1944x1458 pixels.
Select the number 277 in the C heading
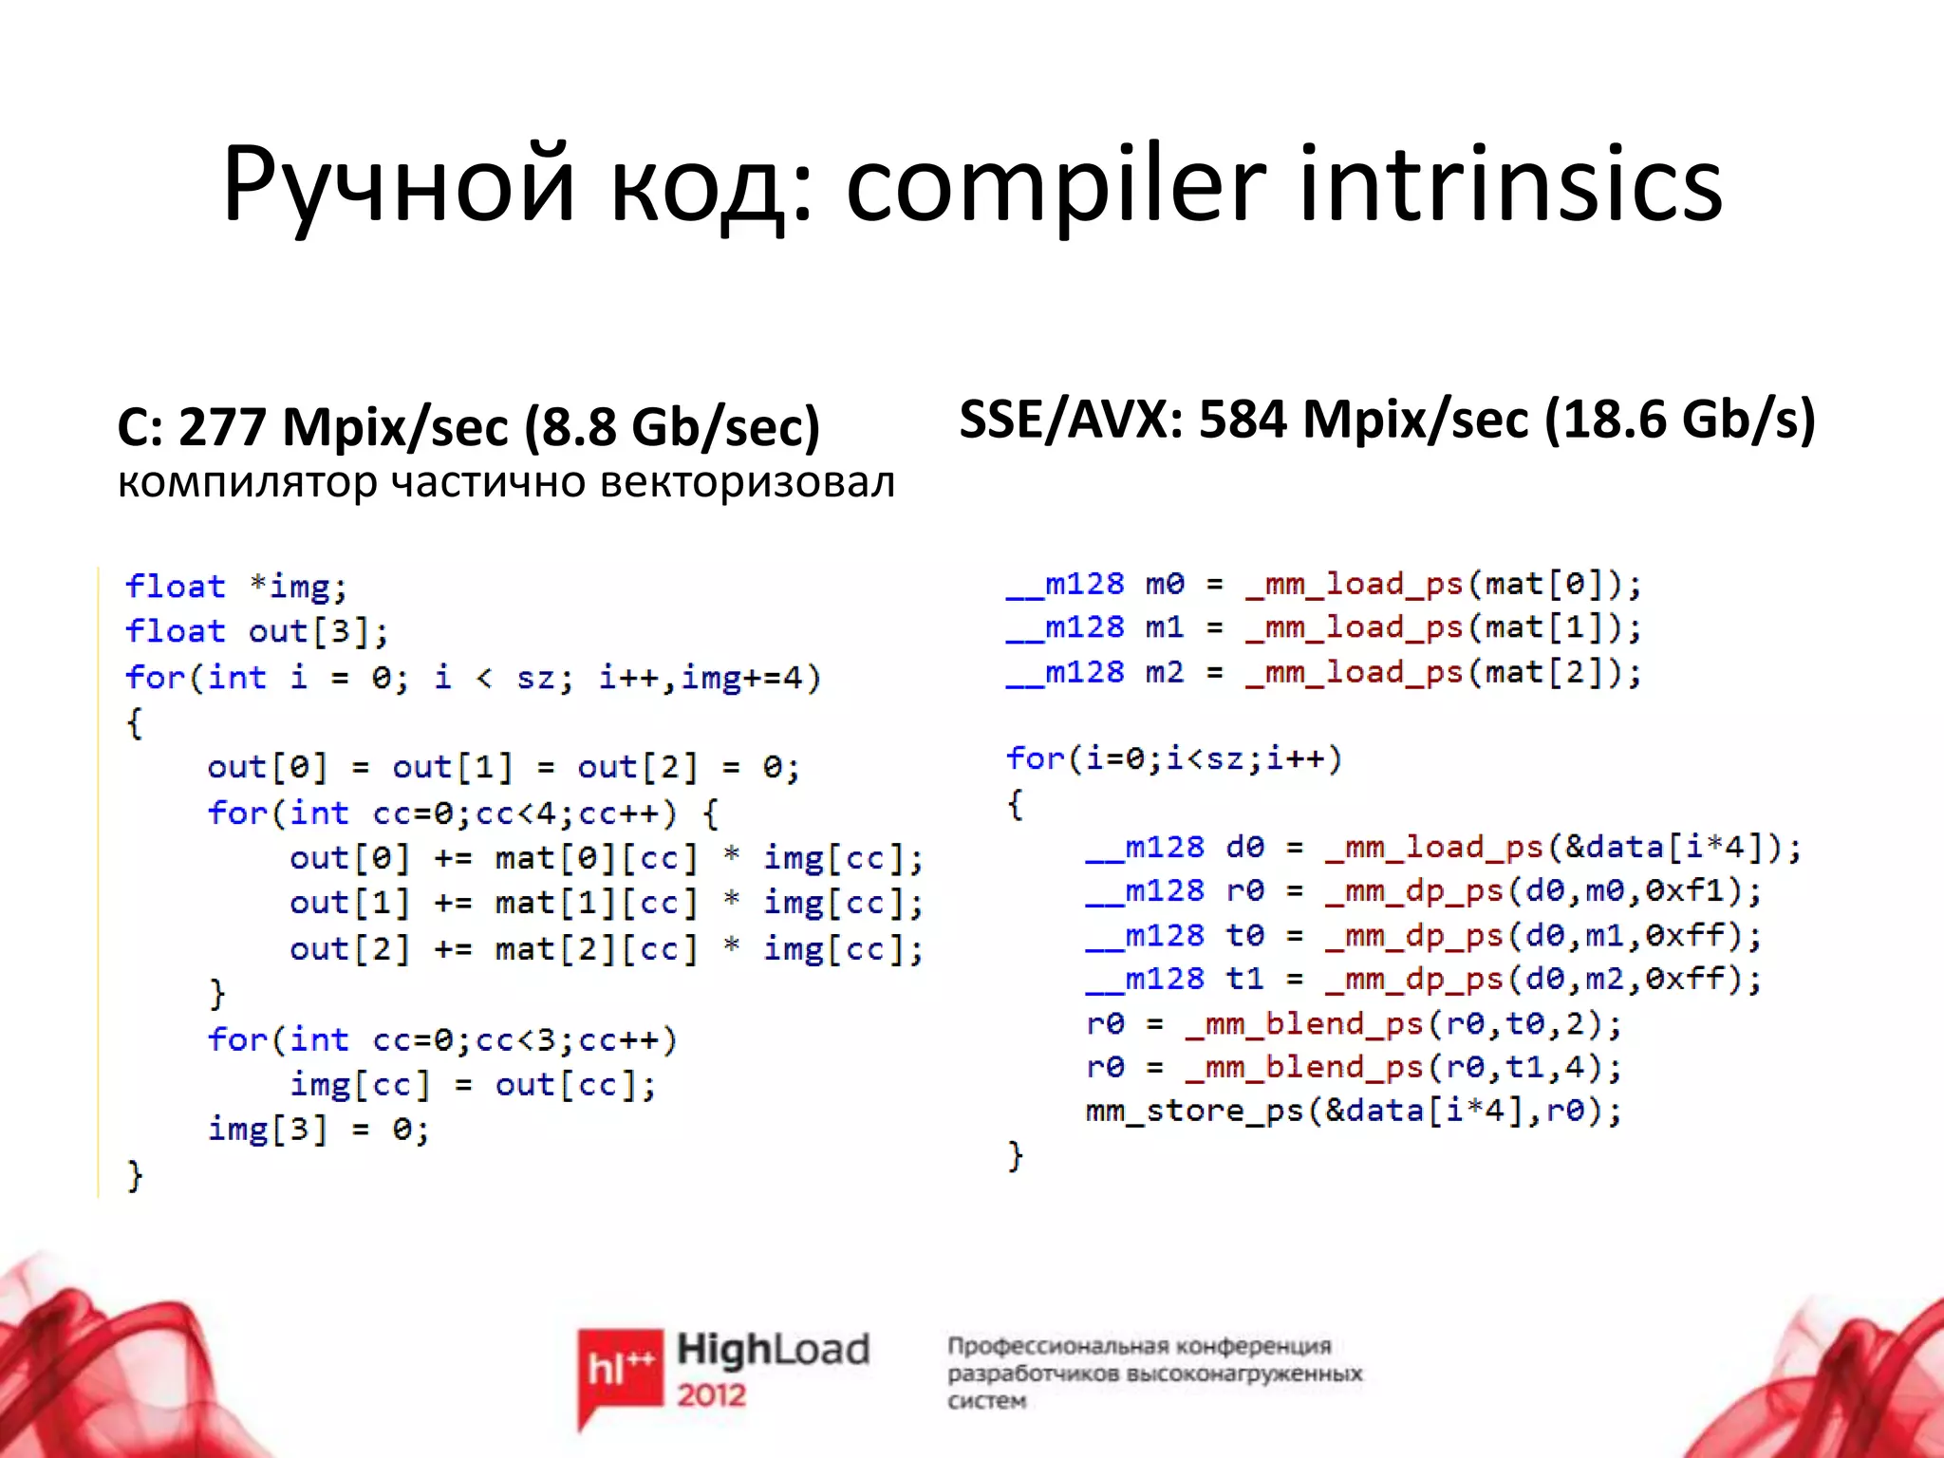tap(222, 426)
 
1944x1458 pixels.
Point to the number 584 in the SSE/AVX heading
tap(1243, 419)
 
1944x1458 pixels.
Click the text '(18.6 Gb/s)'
tap(1680, 419)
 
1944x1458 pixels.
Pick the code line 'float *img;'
tap(236, 587)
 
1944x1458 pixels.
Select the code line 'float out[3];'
tap(256, 631)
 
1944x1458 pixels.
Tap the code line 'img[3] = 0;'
tap(318, 1130)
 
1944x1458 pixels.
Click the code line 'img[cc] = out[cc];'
tap(473, 1085)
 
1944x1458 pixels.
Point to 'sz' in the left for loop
tap(543, 678)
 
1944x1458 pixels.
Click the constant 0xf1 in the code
tap(1692, 891)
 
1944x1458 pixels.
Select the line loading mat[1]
tap(1323, 627)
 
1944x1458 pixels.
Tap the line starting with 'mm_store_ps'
tap(1354, 1111)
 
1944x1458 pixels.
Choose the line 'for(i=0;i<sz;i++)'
tap(1174, 758)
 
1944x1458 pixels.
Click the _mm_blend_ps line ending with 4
tap(1354, 1067)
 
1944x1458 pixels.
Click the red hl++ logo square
tap(620, 1367)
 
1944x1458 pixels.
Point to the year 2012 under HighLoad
tap(711, 1395)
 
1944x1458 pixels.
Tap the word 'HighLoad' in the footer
tap(773, 1349)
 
